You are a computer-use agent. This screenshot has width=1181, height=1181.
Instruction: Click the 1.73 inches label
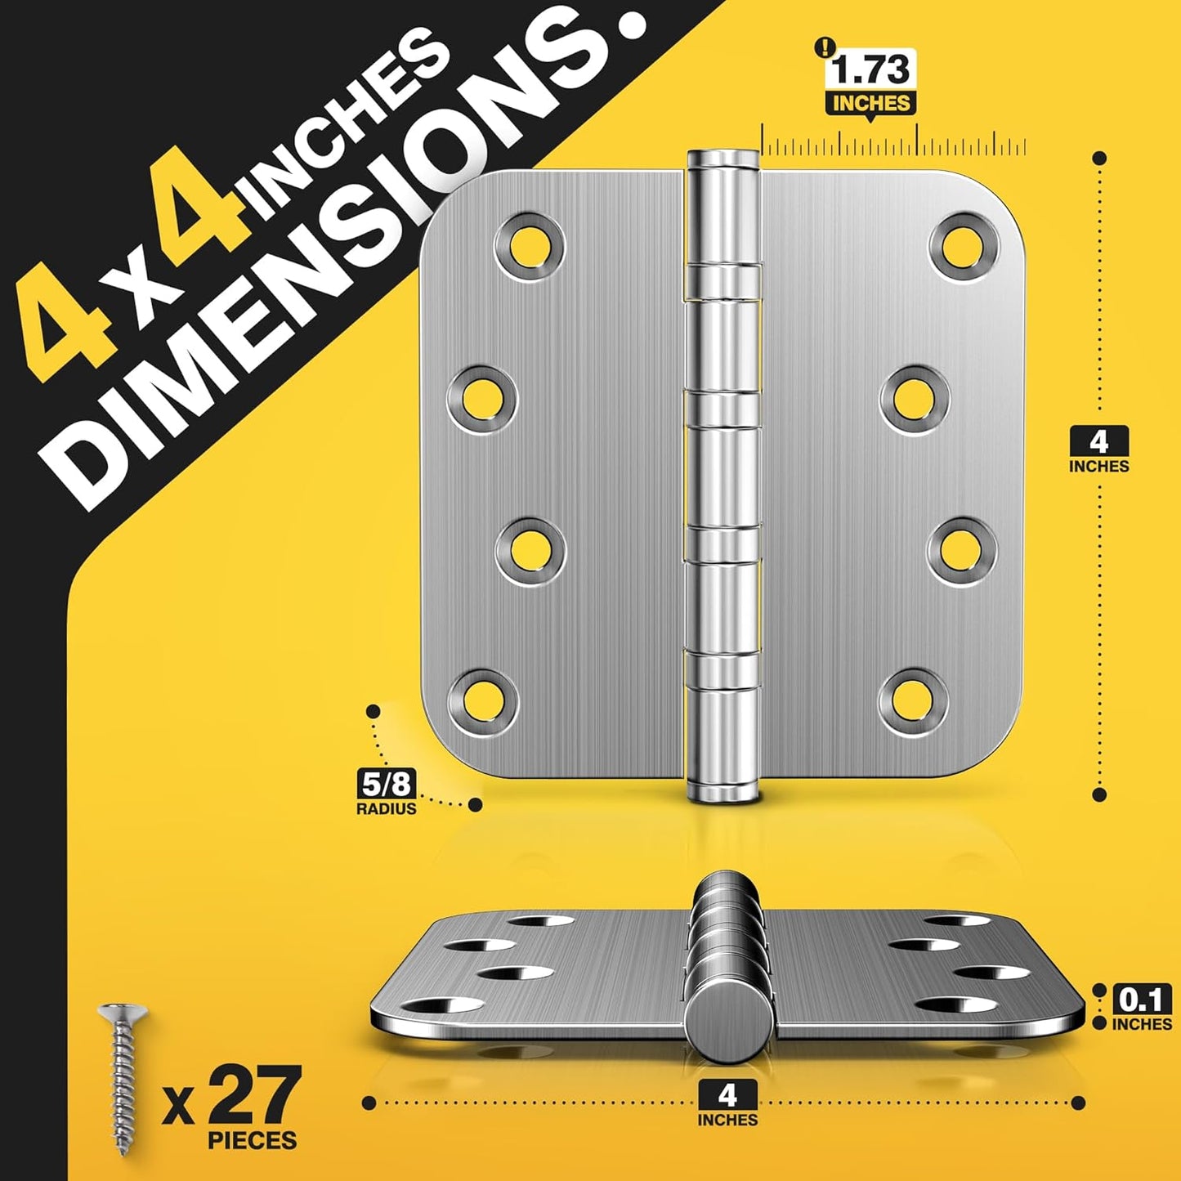[870, 82]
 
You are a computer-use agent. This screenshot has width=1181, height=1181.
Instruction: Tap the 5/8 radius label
[387, 793]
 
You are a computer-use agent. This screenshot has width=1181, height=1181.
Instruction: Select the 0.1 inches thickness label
[1142, 1009]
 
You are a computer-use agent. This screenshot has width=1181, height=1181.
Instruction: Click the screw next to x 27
[123, 1078]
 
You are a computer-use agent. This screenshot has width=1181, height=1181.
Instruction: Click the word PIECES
[253, 1141]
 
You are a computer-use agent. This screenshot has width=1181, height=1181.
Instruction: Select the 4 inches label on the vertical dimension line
[1099, 450]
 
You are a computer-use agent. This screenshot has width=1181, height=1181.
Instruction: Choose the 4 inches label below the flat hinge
[727, 1104]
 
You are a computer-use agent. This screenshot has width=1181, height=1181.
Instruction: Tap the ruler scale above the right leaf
[894, 145]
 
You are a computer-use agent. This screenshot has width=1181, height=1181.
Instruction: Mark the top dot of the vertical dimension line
[1099, 158]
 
